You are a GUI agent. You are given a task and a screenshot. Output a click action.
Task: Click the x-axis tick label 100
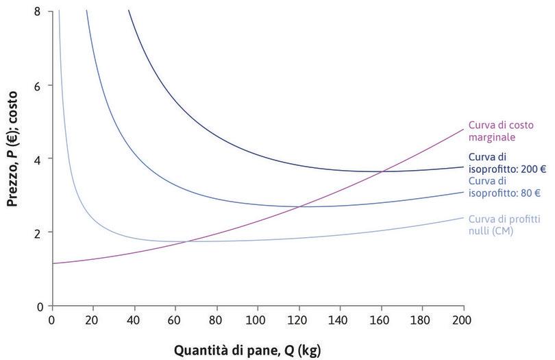point(258,321)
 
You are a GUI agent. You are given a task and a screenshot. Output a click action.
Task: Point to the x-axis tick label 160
point(381,321)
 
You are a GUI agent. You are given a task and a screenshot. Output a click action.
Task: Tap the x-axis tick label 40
point(134,321)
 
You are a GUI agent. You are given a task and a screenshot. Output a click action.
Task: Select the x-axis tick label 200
point(463,321)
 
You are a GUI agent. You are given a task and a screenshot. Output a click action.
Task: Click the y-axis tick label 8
point(38,12)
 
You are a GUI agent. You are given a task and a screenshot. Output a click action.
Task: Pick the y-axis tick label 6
point(38,86)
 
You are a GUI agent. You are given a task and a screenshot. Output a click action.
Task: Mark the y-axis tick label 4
point(38,159)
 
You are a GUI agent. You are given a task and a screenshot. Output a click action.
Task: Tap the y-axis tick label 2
point(38,232)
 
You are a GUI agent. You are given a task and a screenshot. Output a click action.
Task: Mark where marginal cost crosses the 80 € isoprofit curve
point(299,206)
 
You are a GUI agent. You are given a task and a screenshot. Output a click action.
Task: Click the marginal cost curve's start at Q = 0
point(53,263)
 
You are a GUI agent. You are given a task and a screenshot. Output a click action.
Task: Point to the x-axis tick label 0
point(52,321)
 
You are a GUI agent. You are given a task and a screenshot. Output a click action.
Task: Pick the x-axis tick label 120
point(299,321)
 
